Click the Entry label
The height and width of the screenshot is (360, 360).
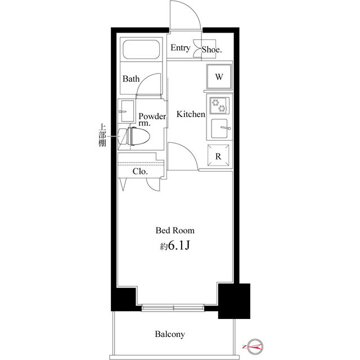point(181,48)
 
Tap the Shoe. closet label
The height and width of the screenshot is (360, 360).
point(211,49)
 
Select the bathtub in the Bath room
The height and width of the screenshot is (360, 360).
point(141,49)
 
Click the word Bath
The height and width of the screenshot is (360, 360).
point(131,79)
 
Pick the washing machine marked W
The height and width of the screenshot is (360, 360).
point(219,76)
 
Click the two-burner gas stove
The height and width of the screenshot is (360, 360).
point(219,105)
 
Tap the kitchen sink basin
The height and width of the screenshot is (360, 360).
point(219,128)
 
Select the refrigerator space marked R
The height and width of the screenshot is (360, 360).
point(218,155)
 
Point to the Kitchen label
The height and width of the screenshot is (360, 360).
point(191,114)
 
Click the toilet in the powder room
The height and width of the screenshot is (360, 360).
point(134,136)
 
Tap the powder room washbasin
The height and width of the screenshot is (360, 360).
point(126,111)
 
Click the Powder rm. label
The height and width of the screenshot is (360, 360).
point(152,119)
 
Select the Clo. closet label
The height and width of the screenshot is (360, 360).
point(140,172)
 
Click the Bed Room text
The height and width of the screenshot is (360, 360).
point(175,231)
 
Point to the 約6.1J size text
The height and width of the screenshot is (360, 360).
point(175,246)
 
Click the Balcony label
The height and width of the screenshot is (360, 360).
point(170,334)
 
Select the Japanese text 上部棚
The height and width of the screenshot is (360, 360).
point(102,135)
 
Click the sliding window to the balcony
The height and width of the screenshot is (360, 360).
point(173,308)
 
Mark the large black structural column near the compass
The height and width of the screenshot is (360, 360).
point(234,301)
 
